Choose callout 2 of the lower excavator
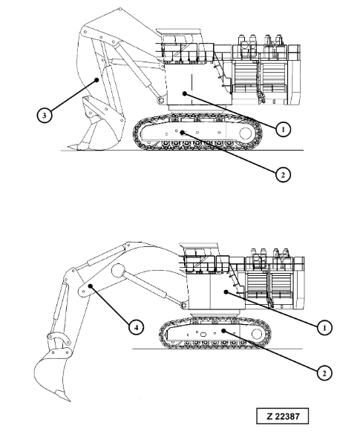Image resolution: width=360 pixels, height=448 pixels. [324, 372]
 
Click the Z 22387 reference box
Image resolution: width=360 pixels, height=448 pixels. [282, 415]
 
